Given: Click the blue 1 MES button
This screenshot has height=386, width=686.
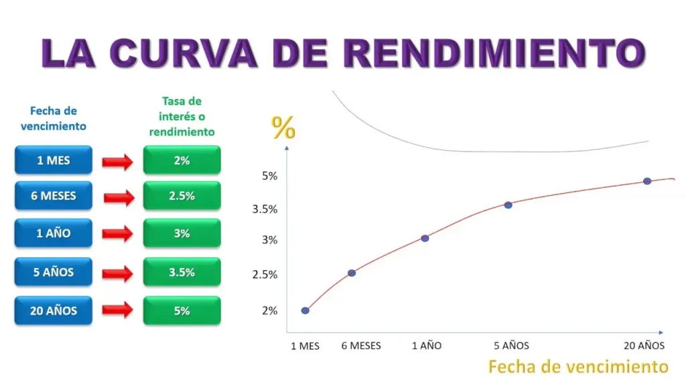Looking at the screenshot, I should [x=54, y=161].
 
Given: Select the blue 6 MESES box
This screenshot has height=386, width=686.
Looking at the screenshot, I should [x=54, y=196].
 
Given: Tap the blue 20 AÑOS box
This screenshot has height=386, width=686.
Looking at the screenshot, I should [x=54, y=311].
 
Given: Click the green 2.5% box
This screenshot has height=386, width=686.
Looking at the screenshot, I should [x=182, y=196].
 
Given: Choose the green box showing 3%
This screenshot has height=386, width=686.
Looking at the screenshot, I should [x=182, y=234].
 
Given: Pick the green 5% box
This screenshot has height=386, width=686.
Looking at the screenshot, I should [x=182, y=311].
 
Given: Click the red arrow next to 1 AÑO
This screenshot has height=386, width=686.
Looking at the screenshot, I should [x=117, y=234].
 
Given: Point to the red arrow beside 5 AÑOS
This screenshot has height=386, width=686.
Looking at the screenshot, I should [x=117, y=273].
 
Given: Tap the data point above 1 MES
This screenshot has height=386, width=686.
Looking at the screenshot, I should [x=305, y=310].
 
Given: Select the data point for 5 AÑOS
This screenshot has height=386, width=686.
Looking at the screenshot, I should [x=508, y=205].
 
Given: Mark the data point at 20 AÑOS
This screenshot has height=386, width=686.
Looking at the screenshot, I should [x=647, y=181].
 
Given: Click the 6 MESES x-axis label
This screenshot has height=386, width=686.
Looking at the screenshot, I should [x=361, y=346].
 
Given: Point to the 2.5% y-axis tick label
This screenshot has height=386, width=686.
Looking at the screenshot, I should [x=265, y=275].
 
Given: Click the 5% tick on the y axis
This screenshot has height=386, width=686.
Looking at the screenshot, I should [x=270, y=176].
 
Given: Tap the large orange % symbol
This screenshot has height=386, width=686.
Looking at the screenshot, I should [x=283, y=127].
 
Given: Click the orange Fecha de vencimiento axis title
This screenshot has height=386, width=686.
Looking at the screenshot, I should [x=578, y=367].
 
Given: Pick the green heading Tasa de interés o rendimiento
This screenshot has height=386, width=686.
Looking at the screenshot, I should [x=182, y=117].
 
